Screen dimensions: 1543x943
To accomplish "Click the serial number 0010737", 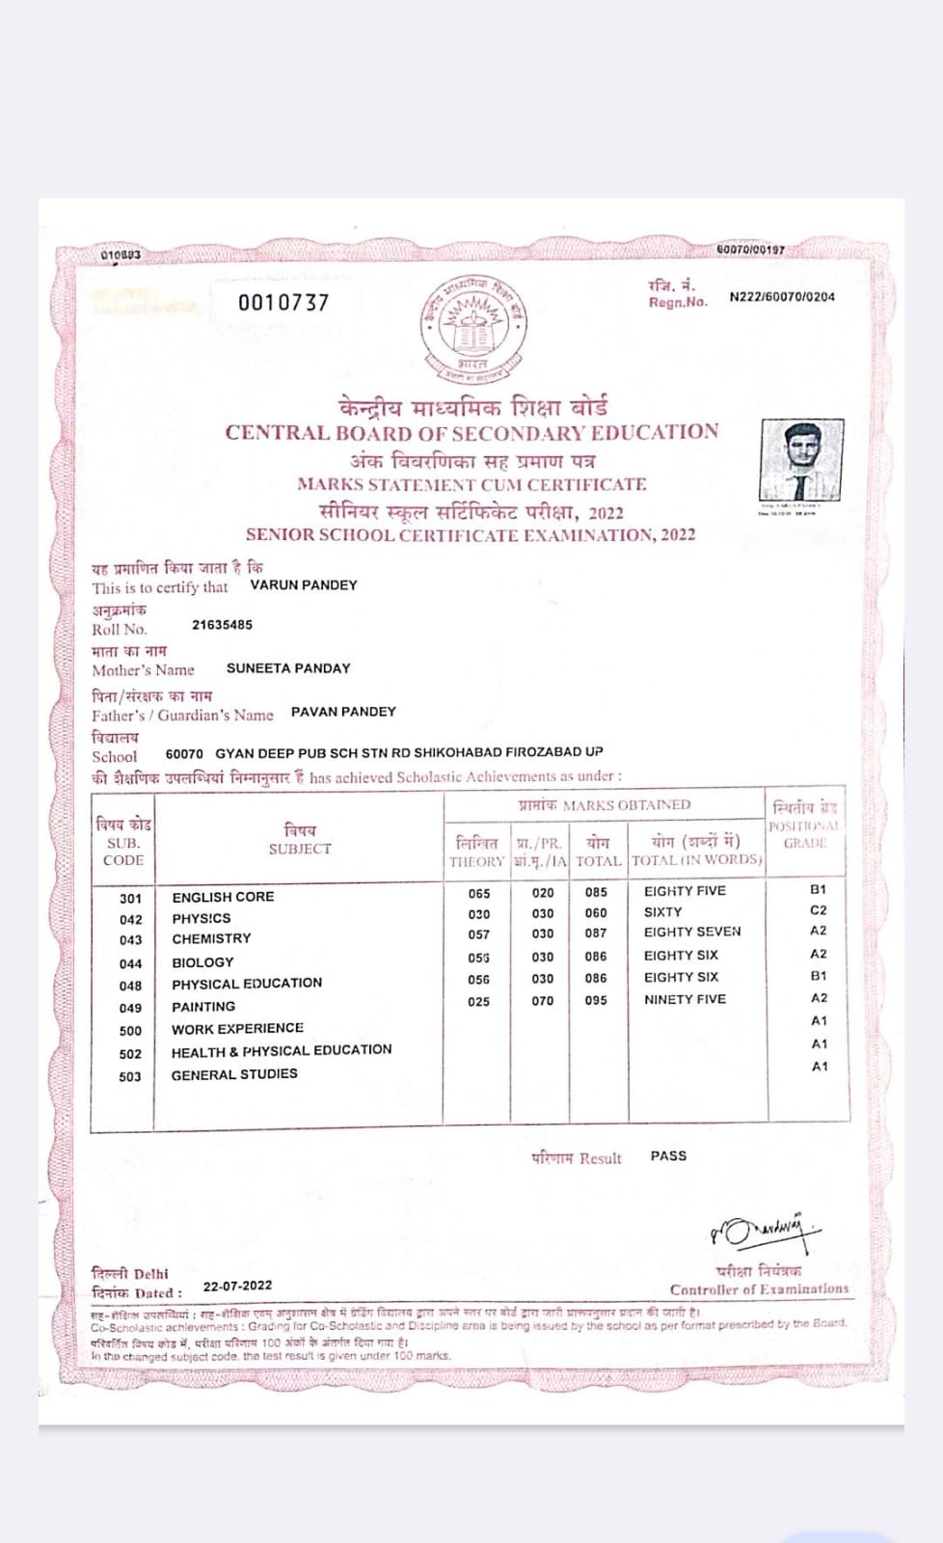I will (x=283, y=303).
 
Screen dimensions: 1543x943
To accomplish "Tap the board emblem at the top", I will (x=472, y=325).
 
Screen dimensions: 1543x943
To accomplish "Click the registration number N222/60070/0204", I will (x=782, y=297).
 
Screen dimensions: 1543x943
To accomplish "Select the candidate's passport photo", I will (x=801, y=460).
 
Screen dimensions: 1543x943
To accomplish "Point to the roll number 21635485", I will (x=222, y=625).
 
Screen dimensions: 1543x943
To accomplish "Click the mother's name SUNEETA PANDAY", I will (x=288, y=668).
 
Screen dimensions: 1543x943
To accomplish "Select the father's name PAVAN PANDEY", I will (x=343, y=712).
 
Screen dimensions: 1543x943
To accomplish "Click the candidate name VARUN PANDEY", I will (x=304, y=585).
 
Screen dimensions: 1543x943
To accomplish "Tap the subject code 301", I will (x=131, y=899).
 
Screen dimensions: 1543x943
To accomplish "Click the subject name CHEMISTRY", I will (x=211, y=938).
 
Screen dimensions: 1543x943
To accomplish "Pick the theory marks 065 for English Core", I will (x=479, y=894).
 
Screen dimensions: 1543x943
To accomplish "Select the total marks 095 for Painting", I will (x=596, y=1001).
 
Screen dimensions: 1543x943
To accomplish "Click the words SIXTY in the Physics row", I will (x=662, y=912).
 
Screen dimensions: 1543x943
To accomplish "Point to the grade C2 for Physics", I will (x=819, y=910).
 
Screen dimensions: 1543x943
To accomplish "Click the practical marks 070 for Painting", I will (x=543, y=1001).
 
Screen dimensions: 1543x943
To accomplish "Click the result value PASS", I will (x=668, y=1155).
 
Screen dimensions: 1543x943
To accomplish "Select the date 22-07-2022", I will (x=237, y=1286).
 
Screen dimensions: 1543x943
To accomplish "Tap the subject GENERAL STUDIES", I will (x=234, y=1074).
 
